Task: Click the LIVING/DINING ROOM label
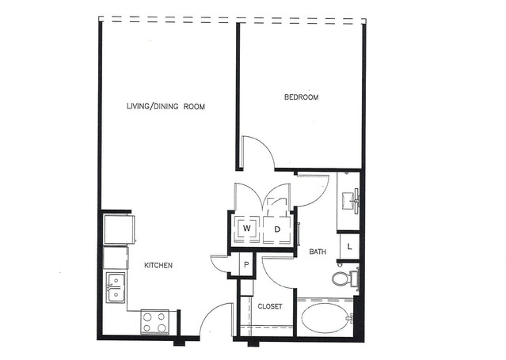[165, 107]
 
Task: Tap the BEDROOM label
[301, 97]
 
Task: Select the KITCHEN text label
[158, 266]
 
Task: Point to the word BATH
[318, 252]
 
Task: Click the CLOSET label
[270, 306]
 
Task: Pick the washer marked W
[247, 229]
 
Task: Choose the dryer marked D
[277, 229]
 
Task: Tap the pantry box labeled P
[246, 265]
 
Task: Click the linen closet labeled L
[349, 247]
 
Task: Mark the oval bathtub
[325, 318]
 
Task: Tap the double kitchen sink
[116, 287]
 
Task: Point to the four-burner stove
[154, 322]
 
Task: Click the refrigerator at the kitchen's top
[119, 229]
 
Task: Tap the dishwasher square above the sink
[116, 258]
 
